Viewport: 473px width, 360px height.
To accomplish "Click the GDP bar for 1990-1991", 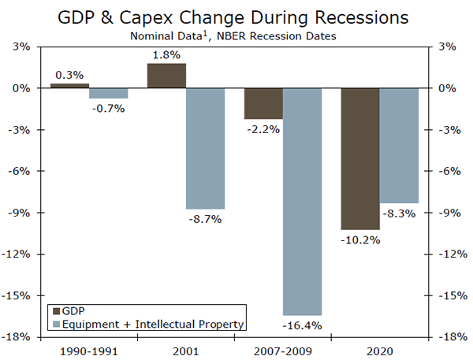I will [69, 86].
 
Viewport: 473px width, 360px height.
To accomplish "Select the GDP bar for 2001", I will [166, 76].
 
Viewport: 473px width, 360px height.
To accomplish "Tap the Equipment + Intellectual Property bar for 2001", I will [206, 149].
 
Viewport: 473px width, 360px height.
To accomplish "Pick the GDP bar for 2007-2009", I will [263, 104].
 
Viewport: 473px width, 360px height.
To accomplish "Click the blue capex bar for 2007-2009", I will [302, 202].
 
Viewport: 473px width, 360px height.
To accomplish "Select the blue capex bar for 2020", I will [399, 146].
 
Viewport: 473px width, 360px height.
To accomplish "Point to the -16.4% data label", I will [302, 325].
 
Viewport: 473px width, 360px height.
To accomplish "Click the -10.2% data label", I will [360, 239].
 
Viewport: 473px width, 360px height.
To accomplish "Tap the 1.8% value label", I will [166, 55].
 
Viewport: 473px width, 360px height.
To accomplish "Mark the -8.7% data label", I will [206, 219].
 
